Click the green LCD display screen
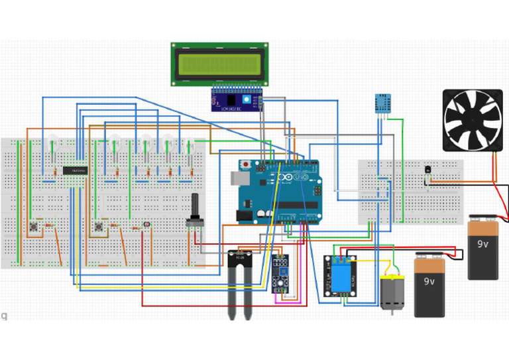pyautogui.click(x=219, y=64)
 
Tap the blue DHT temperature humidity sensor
pyautogui.click(x=383, y=103)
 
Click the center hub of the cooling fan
pyautogui.click(x=473, y=120)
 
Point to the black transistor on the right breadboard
pyautogui.click(x=428, y=170)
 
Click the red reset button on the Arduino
pyautogui.click(x=247, y=164)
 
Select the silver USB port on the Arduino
pyautogui.click(x=238, y=178)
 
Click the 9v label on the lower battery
pyautogui.click(x=429, y=281)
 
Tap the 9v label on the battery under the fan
pyautogui.click(x=482, y=243)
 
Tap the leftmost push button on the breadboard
pyautogui.click(x=32, y=227)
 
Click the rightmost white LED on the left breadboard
pyautogui.click(x=193, y=144)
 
